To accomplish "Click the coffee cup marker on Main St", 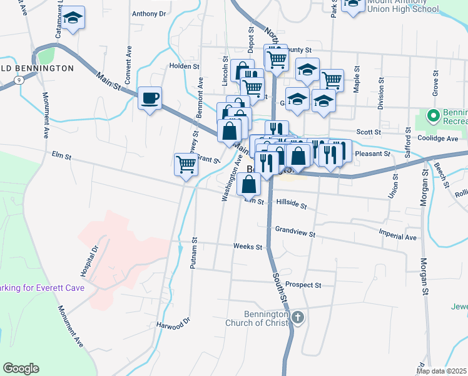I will tap(150, 98).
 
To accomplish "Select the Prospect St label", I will tap(303, 285).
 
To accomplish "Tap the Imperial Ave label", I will tap(398, 238).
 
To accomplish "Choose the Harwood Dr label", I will tap(173, 325).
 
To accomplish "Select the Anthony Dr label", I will tap(149, 13).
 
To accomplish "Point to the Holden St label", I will tap(184, 65).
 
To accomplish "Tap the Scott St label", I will tap(369, 132).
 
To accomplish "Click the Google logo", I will tap(21, 368).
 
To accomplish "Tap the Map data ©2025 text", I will tap(442, 371).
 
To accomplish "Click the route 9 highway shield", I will tap(21, 80).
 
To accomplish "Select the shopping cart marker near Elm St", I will tap(186, 165).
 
